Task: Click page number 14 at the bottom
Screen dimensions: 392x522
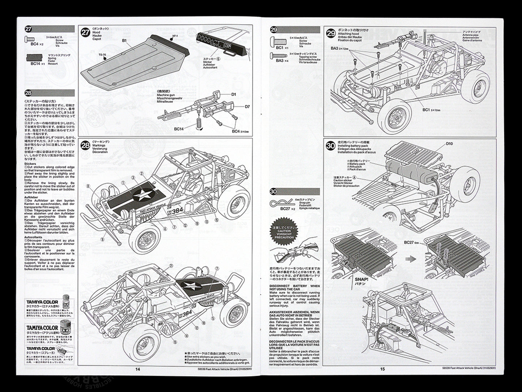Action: click(x=137, y=369)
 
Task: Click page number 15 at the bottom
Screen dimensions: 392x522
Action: click(x=383, y=369)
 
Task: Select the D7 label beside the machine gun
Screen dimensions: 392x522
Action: click(x=247, y=107)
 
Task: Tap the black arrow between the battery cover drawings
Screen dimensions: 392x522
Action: click(x=410, y=259)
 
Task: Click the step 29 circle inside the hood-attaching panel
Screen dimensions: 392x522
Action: click(x=331, y=34)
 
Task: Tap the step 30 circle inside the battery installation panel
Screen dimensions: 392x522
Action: click(x=331, y=146)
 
